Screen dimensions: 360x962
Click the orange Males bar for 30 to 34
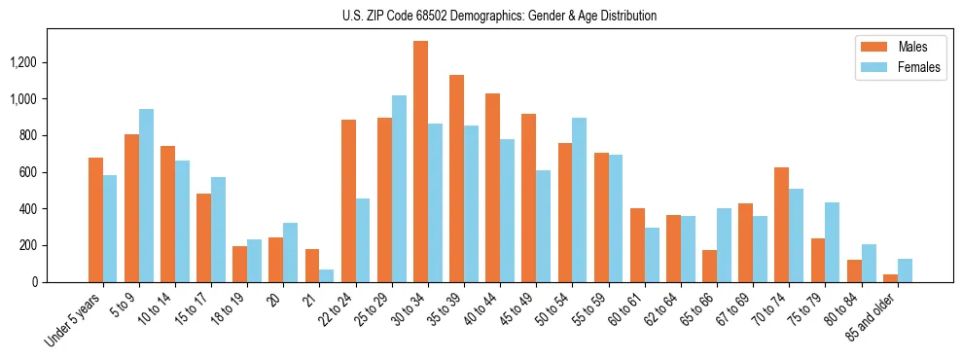420,162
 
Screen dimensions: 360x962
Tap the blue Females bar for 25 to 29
399,189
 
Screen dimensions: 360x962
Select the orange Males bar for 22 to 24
348,200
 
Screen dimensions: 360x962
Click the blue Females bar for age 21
327,275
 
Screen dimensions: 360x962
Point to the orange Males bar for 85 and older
890,278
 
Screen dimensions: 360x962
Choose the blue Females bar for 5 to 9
146,196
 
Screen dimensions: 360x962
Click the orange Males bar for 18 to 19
239,264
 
